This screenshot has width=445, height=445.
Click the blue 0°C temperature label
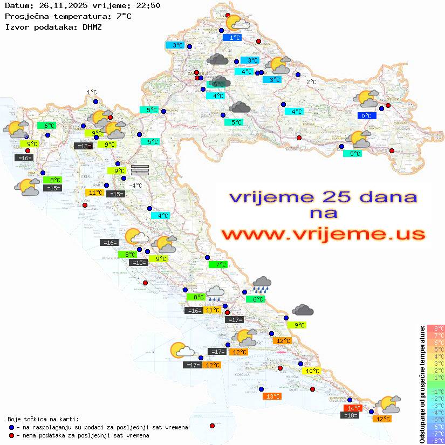tap(367, 115)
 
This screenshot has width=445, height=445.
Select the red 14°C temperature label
tap(353, 408)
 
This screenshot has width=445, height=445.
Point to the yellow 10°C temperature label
tap(312, 371)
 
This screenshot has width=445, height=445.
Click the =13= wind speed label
tap(83, 146)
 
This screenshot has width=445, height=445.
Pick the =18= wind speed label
tap(350, 415)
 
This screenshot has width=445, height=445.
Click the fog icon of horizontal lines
tap(140, 169)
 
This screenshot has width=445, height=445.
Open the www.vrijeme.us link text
tap(323, 234)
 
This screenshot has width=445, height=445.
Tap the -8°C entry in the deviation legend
tap(435, 441)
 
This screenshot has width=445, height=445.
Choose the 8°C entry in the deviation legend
tap(435, 328)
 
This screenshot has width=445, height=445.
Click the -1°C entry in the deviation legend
tap(435, 391)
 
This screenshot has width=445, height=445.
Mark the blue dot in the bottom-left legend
tap(11, 427)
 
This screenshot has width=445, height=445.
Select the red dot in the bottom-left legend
tap(11, 435)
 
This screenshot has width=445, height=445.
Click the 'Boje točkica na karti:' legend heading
tap(43, 419)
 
